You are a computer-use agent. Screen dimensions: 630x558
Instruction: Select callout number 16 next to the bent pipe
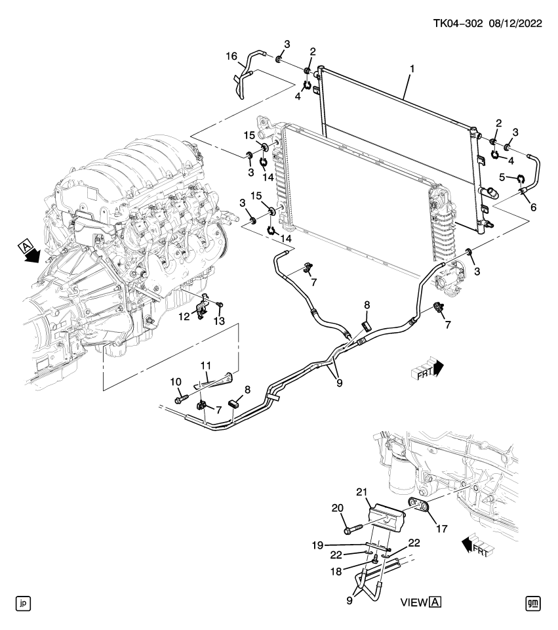[231, 57]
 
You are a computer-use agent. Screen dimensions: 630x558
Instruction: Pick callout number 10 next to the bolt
[175, 381]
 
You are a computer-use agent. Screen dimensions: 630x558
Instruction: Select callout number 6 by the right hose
[532, 207]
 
